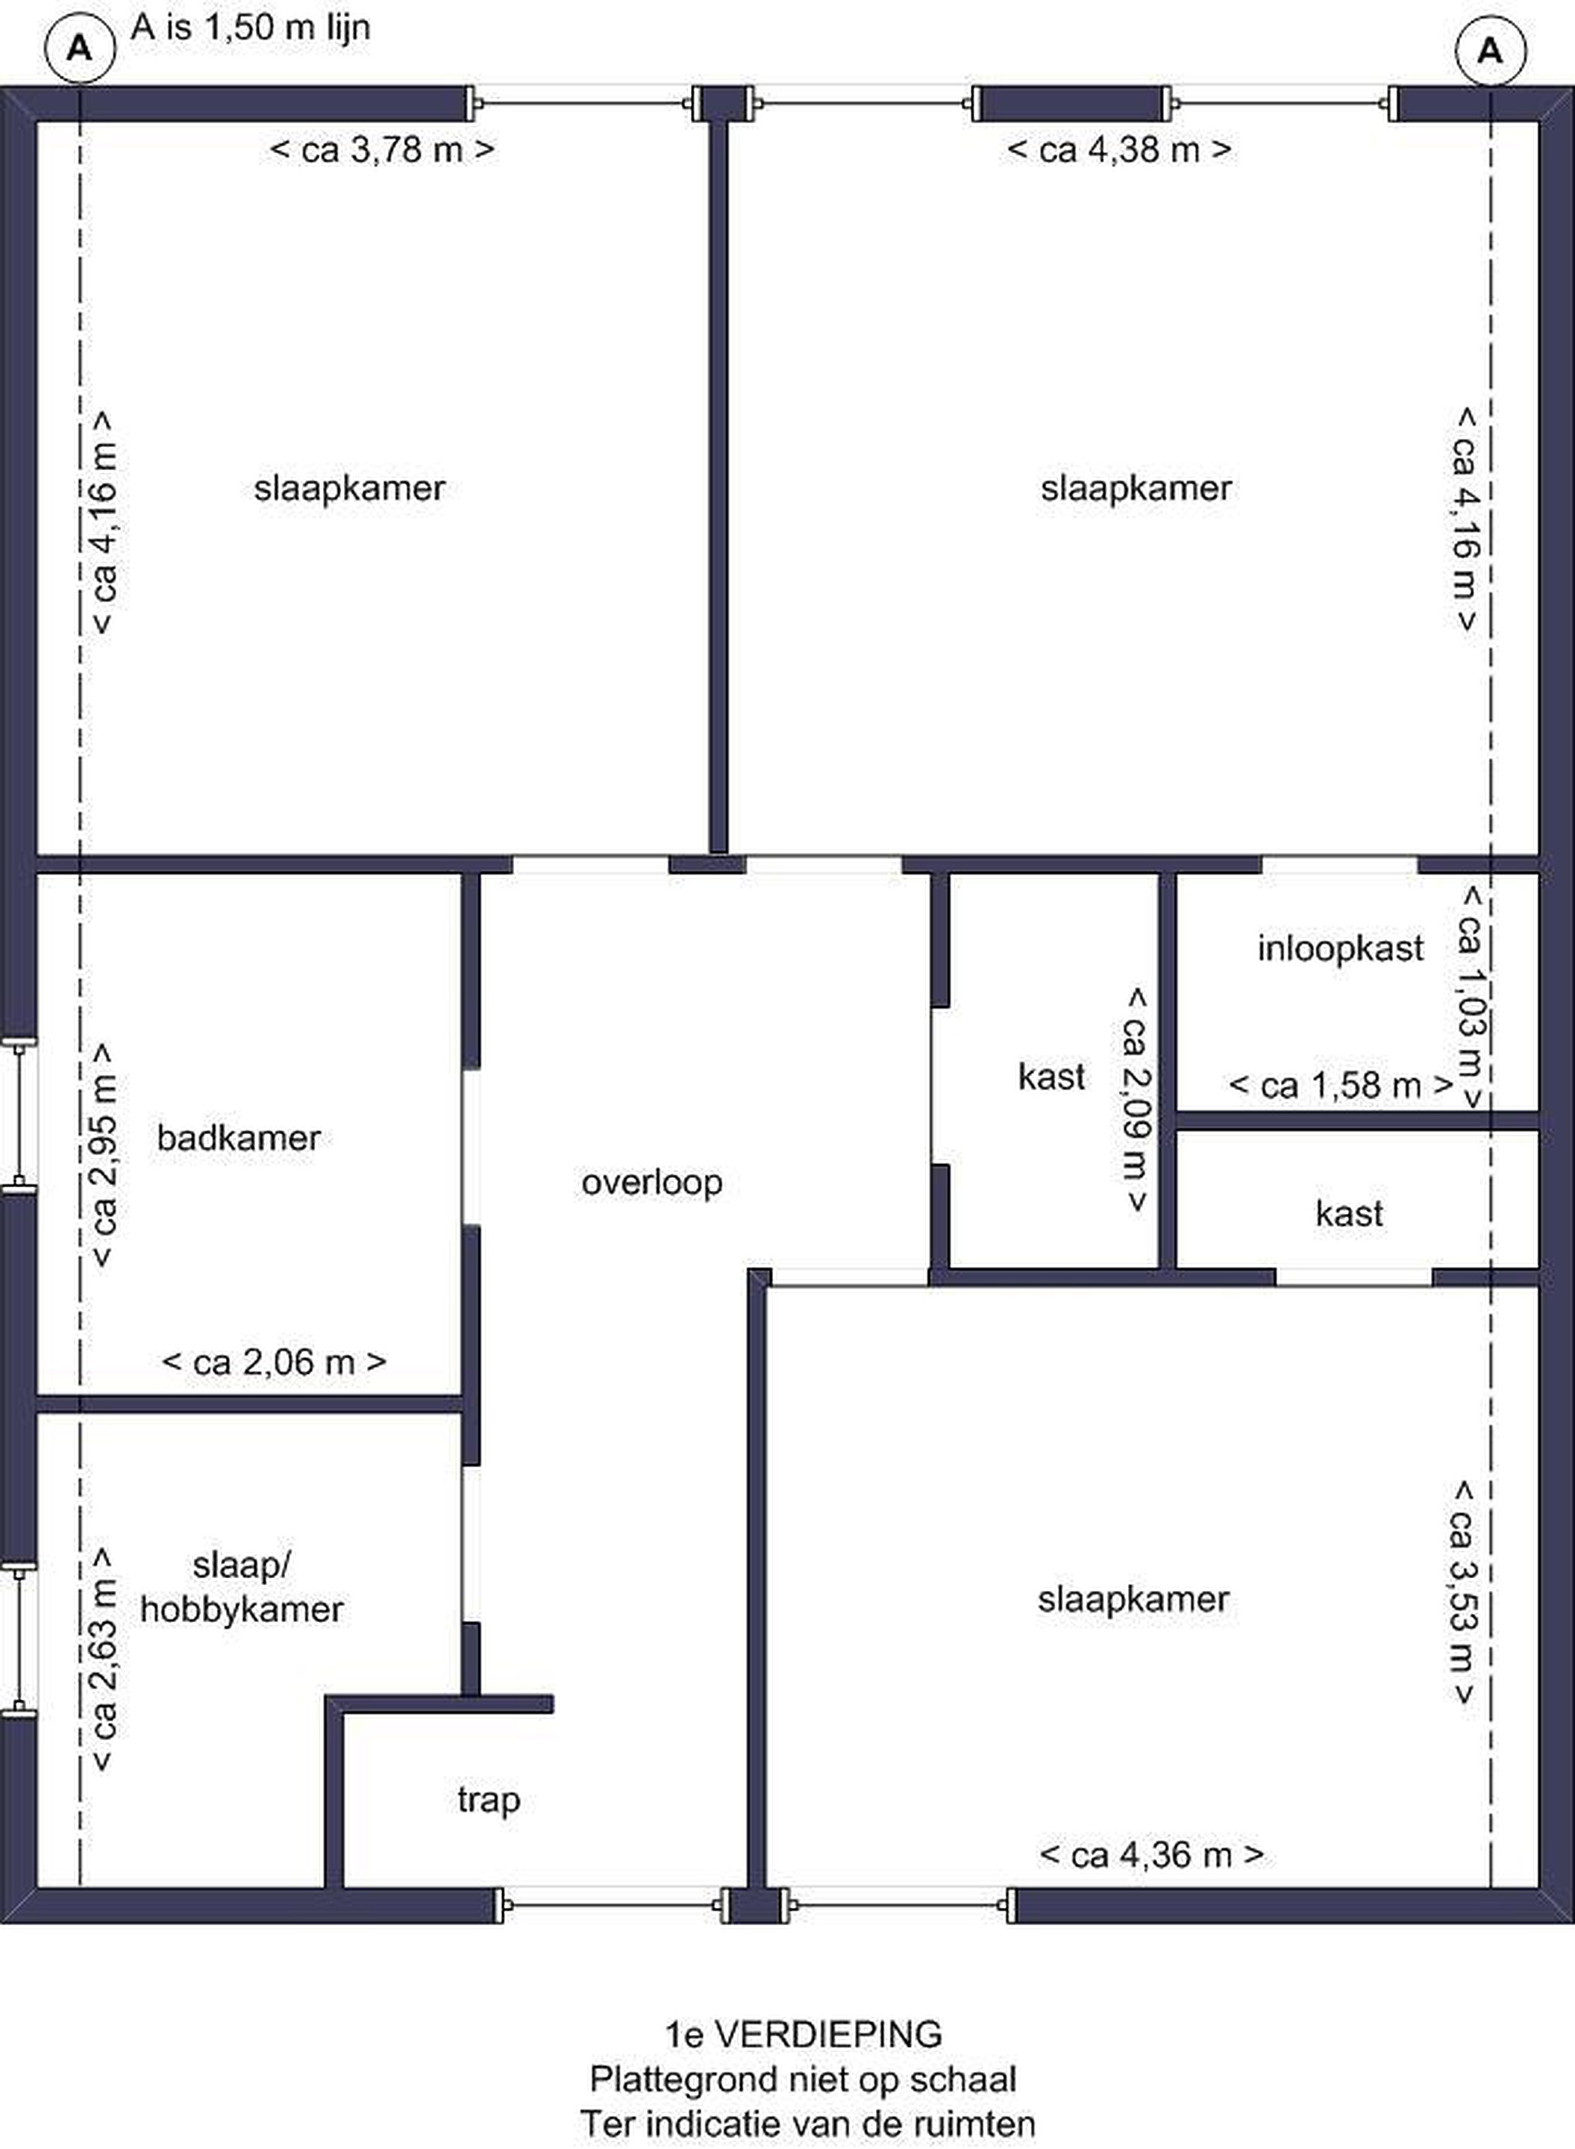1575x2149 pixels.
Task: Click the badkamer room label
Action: (x=238, y=1137)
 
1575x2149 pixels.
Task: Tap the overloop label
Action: (x=652, y=1183)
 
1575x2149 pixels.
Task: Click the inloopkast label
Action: (x=1339, y=948)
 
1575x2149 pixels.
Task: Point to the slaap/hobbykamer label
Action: (x=241, y=1587)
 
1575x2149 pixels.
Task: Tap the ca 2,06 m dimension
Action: (x=275, y=1363)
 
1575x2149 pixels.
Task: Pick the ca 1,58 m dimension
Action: (x=1341, y=1085)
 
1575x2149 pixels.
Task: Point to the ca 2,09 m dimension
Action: (x=1136, y=1099)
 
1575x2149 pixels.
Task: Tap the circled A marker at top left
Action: (x=80, y=49)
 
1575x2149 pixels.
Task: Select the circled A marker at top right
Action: (x=1490, y=49)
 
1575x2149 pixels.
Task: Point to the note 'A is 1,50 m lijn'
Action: (x=251, y=28)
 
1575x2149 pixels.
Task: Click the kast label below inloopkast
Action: (x=1349, y=1214)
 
